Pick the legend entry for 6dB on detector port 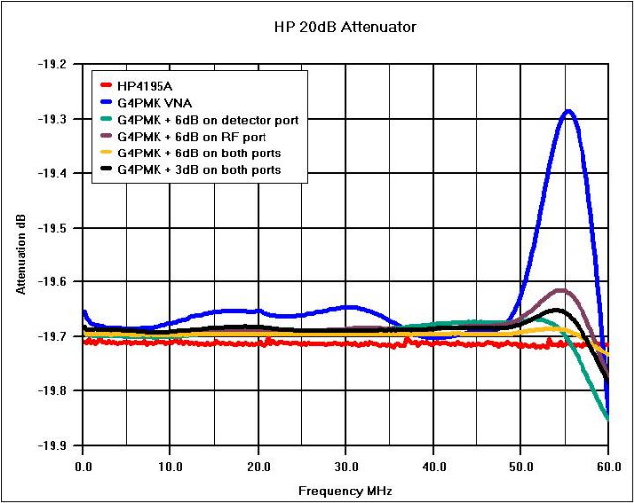click(x=207, y=120)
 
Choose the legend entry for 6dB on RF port click(x=193, y=137)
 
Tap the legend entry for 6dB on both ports click(x=198, y=153)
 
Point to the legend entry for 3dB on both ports click(x=198, y=170)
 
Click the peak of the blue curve click(x=568, y=111)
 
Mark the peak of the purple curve click(x=561, y=290)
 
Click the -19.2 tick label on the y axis click(x=53, y=64)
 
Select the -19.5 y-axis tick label click(x=53, y=228)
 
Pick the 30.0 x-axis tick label click(x=346, y=462)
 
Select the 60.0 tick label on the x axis click(x=607, y=462)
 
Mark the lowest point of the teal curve click(x=607, y=419)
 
